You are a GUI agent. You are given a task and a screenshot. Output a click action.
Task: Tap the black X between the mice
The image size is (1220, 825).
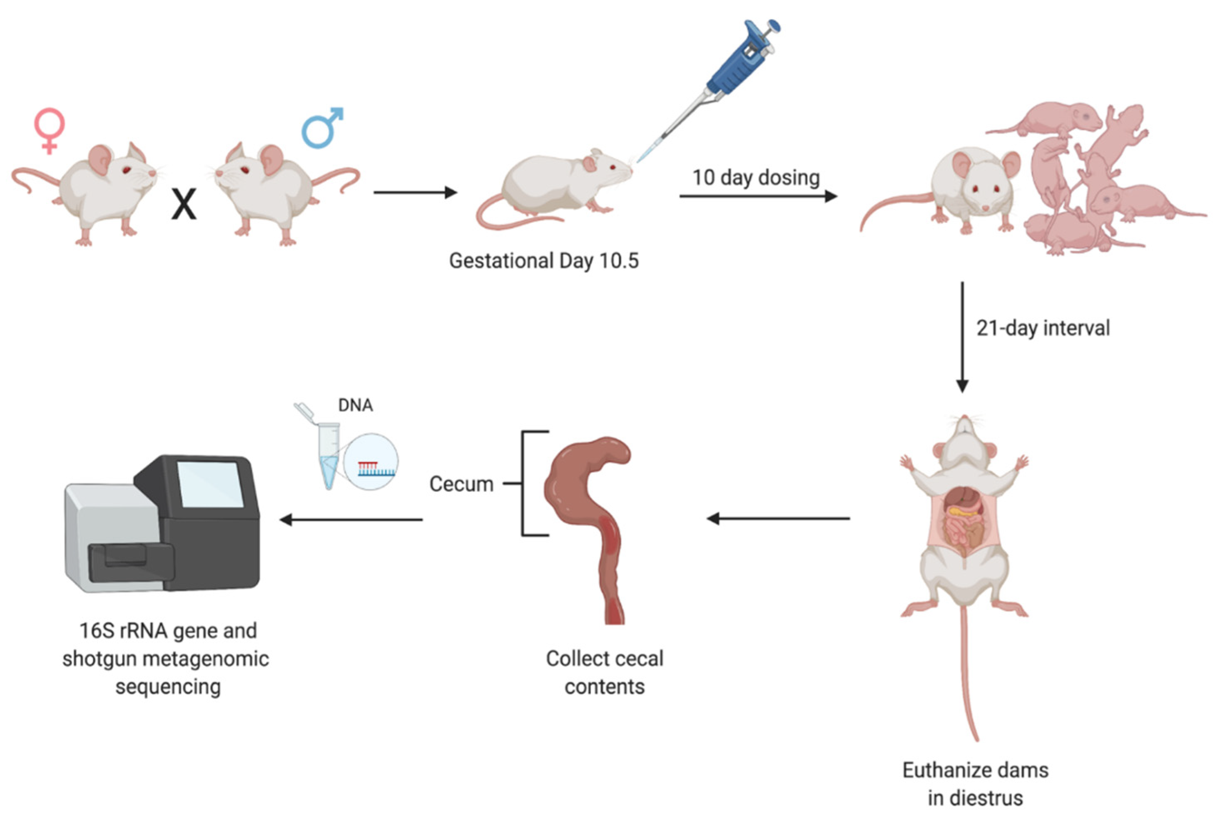pyautogui.click(x=184, y=205)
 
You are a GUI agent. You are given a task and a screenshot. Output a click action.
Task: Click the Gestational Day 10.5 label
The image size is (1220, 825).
pyautogui.click(x=544, y=261)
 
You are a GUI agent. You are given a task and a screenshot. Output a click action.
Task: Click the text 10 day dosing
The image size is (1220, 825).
pyautogui.click(x=756, y=177)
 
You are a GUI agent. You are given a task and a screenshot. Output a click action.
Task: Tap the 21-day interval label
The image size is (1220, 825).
pyautogui.click(x=1043, y=328)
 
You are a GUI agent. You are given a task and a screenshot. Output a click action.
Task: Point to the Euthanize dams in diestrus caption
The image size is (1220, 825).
pyautogui.click(x=975, y=783)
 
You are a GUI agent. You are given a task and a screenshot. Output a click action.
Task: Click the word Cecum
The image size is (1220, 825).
pyautogui.click(x=461, y=483)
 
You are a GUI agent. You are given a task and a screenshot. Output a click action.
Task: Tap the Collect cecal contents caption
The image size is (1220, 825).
pyautogui.click(x=604, y=672)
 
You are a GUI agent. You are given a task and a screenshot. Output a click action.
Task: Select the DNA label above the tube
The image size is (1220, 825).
pyautogui.click(x=356, y=405)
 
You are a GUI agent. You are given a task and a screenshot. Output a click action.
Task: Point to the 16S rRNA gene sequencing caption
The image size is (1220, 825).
pyautogui.click(x=167, y=658)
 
